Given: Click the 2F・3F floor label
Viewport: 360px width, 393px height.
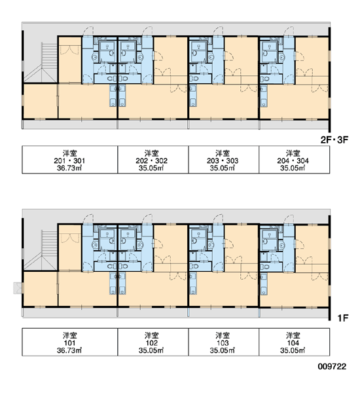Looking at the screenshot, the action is coord(334,140).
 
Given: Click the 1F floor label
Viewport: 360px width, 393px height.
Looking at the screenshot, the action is coord(343,318).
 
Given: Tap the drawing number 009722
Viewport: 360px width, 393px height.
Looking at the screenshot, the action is coord(332,366).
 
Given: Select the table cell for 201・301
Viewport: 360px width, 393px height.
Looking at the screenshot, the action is coord(69,160).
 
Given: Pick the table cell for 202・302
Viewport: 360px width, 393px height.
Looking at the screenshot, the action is coord(153,160).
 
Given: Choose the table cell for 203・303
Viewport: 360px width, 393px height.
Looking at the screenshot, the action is coord(223,160).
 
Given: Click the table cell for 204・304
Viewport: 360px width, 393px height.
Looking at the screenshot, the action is coord(294,160).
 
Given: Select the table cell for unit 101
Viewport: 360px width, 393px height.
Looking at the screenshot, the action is coord(69,342).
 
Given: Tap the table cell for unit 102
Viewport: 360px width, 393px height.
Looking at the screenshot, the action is coord(153,342).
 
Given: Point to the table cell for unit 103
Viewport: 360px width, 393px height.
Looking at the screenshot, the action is coord(223,342).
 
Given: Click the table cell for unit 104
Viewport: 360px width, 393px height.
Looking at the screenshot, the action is coord(294,342).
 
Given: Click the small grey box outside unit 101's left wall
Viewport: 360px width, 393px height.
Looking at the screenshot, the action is coord(18,288).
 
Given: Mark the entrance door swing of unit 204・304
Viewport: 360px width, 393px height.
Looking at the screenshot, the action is coord(289,30).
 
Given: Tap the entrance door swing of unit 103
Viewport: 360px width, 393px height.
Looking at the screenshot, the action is coord(218,218).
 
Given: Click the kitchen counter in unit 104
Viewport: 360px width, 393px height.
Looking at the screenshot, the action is coord(264,284).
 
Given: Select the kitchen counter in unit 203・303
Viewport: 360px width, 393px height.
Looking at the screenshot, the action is coord(192,96).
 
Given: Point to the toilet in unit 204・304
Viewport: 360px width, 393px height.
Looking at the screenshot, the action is coord(265,79).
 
